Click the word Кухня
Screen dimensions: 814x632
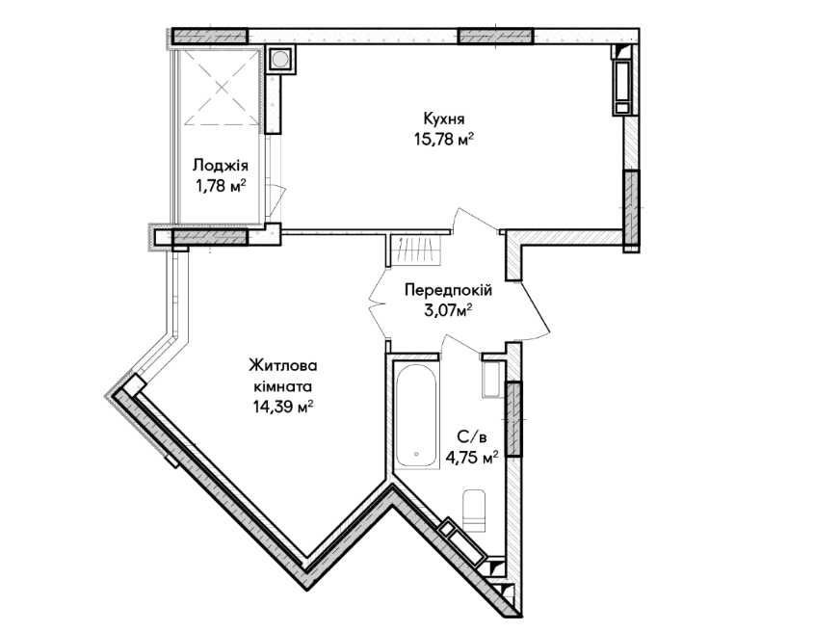coord(444,118)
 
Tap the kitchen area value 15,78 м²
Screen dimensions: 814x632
coord(444,139)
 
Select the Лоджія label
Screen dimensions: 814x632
coord(220,166)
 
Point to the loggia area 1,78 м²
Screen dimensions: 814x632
coord(220,186)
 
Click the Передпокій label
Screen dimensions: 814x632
coord(448,290)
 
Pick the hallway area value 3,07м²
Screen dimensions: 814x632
coord(448,310)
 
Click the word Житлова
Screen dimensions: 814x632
coord(283,365)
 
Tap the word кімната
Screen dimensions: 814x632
coord(282,386)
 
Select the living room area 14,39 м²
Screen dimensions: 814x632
coord(282,407)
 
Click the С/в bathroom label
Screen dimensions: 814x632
coord(472,437)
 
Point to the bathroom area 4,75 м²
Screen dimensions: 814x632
coord(472,458)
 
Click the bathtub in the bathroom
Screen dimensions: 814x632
coord(416,416)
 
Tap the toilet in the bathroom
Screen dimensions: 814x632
coord(474,511)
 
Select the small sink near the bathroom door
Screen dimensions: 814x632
coord(491,380)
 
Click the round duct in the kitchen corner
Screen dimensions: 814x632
coord(281,59)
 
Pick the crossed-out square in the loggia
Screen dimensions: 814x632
coord(222,88)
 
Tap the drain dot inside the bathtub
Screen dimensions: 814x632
coord(416,455)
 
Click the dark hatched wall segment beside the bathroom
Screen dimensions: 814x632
coord(513,418)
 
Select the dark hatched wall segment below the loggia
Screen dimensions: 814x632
coord(210,237)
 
